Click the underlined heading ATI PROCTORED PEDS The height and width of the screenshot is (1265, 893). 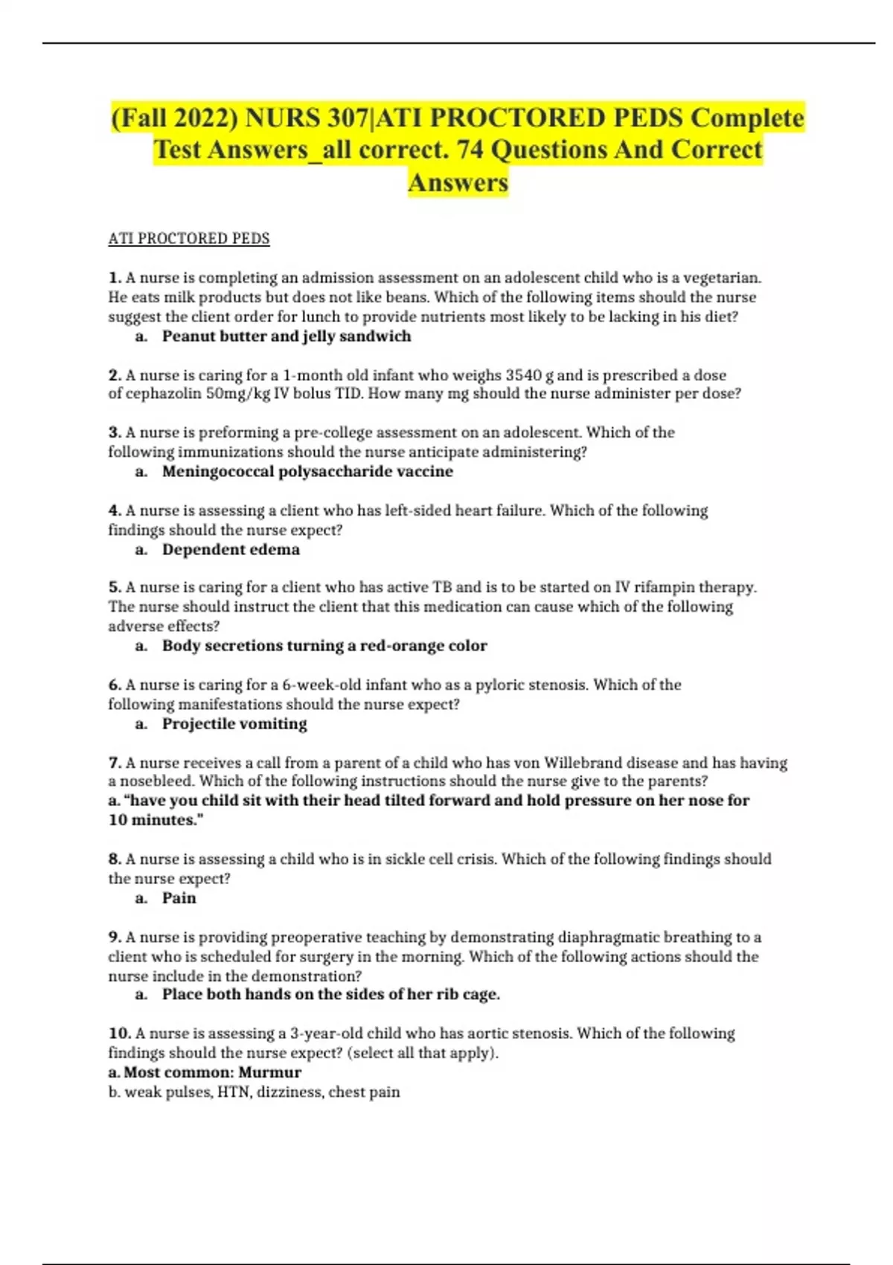[188, 239]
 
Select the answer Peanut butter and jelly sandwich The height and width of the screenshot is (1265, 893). [287, 336]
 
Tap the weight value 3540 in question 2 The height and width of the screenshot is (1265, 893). [523, 375]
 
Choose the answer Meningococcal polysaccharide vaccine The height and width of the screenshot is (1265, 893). [307, 472]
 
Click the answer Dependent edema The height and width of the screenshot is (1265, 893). [231, 550]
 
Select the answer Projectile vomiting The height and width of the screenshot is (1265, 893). [234, 724]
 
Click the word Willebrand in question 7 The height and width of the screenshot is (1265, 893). [610, 763]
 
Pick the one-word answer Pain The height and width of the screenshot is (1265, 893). [179, 898]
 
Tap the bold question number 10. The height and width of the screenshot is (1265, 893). [119, 1034]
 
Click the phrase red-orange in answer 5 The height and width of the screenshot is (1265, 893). [403, 646]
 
